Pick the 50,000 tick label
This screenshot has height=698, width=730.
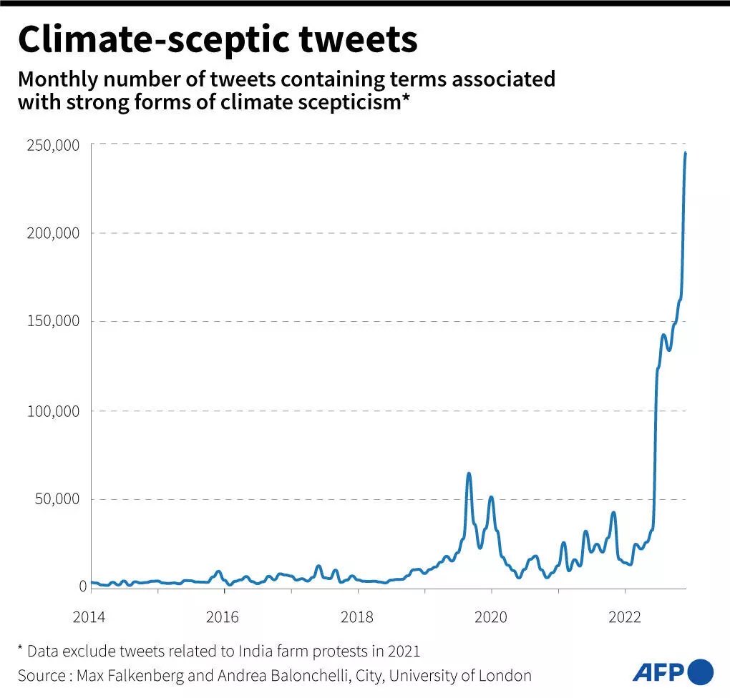point(59,499)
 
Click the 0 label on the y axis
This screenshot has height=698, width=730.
point(82,586)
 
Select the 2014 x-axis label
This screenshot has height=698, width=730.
point(89,617)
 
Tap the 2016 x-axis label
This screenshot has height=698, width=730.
point(223,617)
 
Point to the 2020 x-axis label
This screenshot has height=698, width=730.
point(491,617)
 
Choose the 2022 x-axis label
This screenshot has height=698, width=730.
point(625,617)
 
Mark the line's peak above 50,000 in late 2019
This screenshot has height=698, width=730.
point(468,473)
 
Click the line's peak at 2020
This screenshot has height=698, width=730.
point(491,497)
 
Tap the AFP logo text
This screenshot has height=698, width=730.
point(658,672)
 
